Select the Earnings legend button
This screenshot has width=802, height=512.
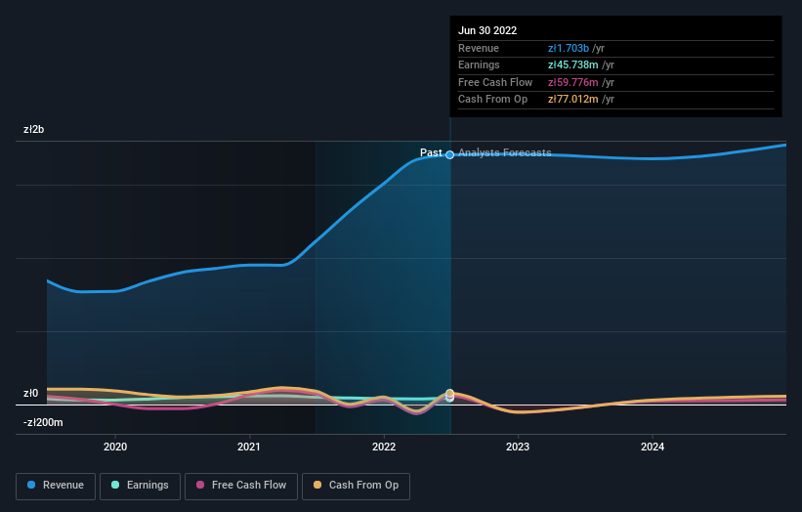coord(140,485)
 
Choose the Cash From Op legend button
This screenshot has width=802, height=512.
coord(356,485)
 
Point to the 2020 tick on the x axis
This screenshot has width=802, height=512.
coord(115,447)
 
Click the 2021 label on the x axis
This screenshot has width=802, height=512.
coord(249,447)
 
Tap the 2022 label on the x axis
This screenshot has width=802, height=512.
coord(384,447)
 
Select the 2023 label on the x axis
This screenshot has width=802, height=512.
coord(518,447)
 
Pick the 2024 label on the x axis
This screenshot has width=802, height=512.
coord(653,447)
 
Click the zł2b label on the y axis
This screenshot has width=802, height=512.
coord(34,129)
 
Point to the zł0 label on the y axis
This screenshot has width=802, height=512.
coord(30,394)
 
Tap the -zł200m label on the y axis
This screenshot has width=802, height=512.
coord(44,422)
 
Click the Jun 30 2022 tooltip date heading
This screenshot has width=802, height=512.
coord(487,30)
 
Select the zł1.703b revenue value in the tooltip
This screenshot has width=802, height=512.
coord(569,49)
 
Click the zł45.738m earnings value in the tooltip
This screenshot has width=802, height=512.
coord(573,65)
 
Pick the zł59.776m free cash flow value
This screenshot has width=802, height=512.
coord(573,82)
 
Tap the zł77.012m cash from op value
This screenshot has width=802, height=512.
coord(573,99)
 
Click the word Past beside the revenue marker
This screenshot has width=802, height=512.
coord(431,152)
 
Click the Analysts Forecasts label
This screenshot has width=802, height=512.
coord(504,152)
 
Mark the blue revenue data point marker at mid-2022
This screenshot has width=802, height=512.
coord(450,154)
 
